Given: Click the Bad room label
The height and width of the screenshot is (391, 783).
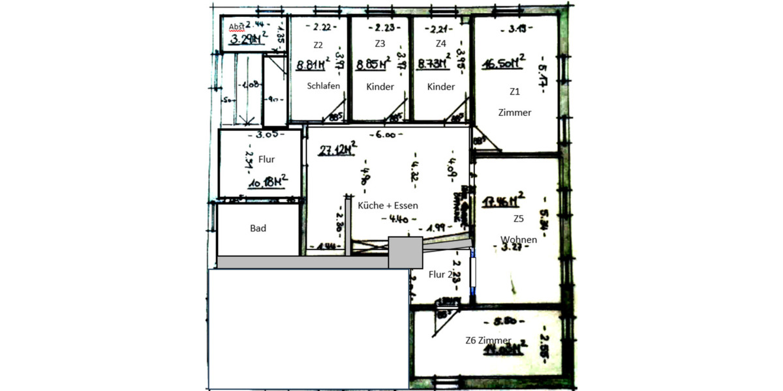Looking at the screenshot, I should tap(258, 229).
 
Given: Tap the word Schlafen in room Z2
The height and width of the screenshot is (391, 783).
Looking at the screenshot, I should tap(324, 86).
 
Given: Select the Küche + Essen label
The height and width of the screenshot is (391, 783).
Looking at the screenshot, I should tap(388, 205).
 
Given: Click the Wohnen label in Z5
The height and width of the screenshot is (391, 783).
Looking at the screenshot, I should tap(519, 239).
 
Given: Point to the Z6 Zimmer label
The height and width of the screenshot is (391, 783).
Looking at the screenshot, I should tap(487, 340).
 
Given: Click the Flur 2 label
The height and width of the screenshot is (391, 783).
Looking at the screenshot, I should tap(441, 274).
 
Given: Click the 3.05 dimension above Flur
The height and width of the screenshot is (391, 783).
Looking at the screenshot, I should tap(268, 135).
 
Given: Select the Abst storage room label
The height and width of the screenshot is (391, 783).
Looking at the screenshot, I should tap(236, 26).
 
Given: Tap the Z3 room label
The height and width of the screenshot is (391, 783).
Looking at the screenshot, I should tap(380, 44).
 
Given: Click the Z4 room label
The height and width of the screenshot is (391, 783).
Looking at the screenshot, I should tap(440, 44).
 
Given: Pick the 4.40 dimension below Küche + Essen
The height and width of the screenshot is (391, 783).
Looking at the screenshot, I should tap(397, 219).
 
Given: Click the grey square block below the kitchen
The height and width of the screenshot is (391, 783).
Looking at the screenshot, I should tap(405, 252).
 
